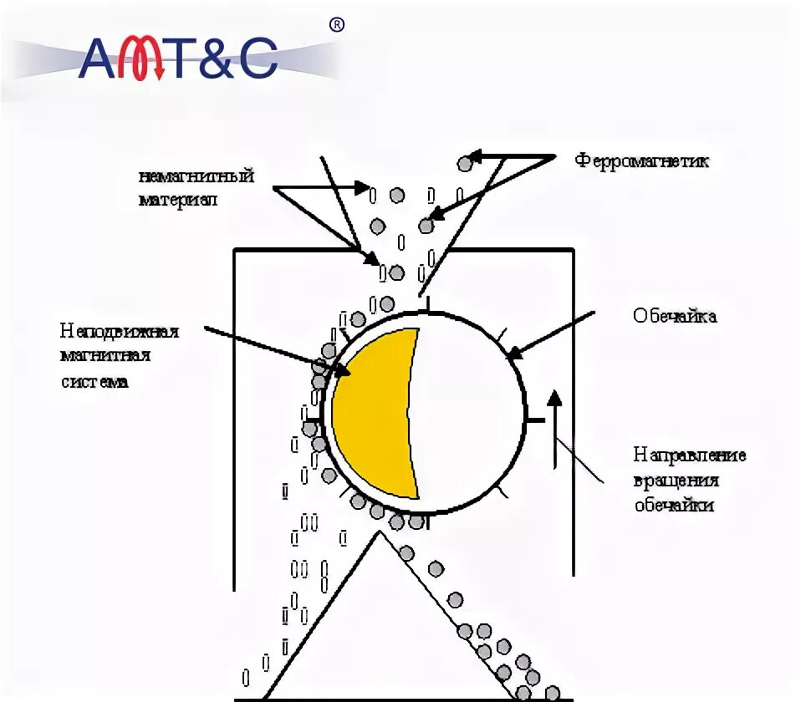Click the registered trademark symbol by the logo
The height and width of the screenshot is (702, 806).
(x=337, y=25)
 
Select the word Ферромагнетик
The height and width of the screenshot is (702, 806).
(x=641, y=160)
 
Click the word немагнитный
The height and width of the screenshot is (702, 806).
(x=196, y=177)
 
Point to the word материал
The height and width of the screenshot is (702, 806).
(x=179, y=201)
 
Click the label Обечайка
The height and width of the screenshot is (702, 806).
(x=675, y=317)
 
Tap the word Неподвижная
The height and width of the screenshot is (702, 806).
(x=120, y=332)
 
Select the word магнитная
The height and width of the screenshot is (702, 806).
(x=105, y=357)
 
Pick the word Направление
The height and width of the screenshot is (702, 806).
(x=689, y=455)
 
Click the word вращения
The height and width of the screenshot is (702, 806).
(x=676, y=481)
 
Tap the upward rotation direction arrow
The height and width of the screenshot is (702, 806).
(x=553, y=426)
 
